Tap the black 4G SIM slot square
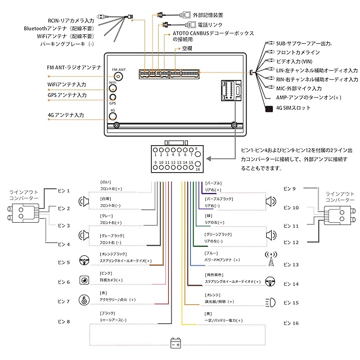[x=269, y=107]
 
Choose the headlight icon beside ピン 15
[x=269, y=301]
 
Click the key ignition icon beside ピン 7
[x=84, y=300]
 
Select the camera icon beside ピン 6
[x=84, y=281]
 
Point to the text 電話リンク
[x=209, y=25]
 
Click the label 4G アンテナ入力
[x=66, y=115]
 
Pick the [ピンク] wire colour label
[x=106, y=273]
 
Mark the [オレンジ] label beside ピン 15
[x=213, y=293]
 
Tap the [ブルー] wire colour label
[x=211, y=253]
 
